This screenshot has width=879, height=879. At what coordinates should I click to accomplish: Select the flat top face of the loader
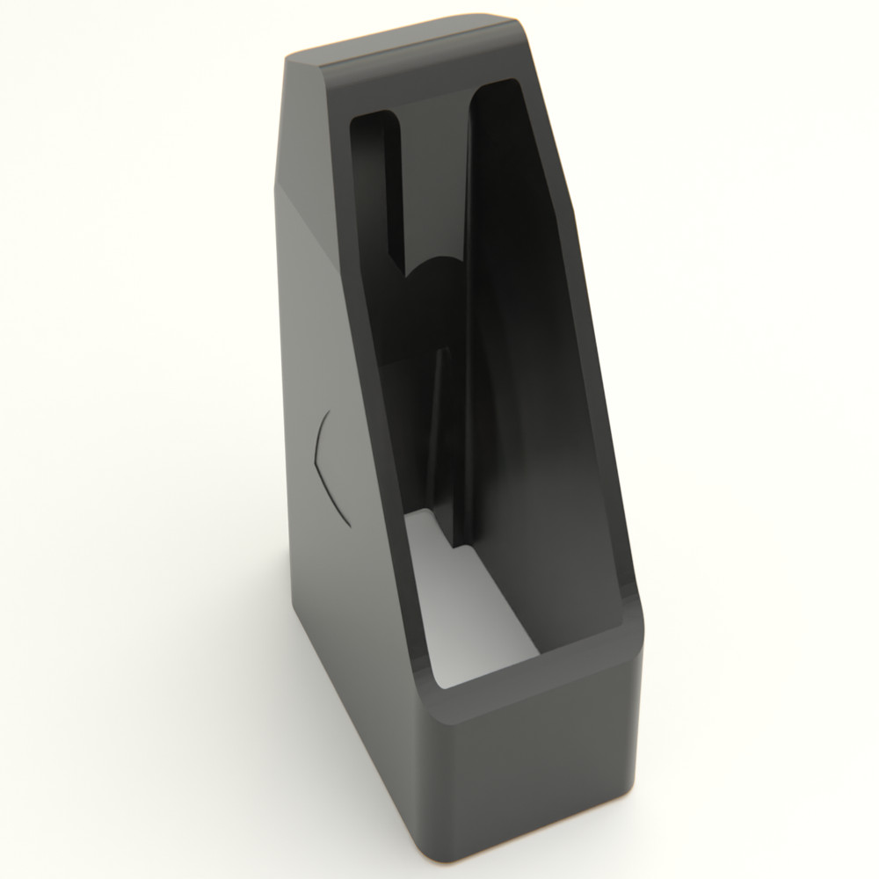coord(413,44)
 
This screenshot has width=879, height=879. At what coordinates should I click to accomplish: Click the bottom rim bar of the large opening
coord(536,677)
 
